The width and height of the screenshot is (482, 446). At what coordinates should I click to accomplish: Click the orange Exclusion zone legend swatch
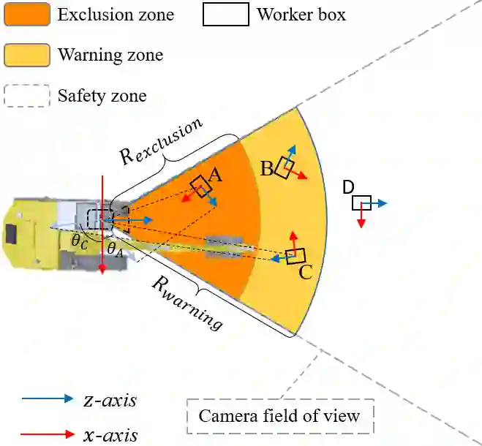click(x=27, y=14)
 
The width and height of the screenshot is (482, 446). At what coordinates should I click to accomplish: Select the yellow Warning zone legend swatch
click(x=27, y=55)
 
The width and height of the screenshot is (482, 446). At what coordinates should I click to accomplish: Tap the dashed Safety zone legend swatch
click(x=27, y=96)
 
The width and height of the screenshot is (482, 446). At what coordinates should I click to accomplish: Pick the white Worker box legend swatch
click(x=225, y=14)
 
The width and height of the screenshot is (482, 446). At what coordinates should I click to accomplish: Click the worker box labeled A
click(x=200, y=186)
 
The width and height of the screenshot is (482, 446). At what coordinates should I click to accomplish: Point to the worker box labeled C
click(x=295, y=256)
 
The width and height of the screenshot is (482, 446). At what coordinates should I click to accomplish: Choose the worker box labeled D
click(x=361, y=203)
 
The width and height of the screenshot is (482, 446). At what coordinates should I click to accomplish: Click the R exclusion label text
click(x=161, y=140)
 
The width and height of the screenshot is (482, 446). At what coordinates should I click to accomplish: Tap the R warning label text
click(x=186, y=303)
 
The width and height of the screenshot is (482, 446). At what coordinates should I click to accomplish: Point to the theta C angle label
click(x=79, y=241)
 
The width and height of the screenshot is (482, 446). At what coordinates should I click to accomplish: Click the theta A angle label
click(x=116, y=249)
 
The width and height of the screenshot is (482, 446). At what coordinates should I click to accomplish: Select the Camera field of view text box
click(x=280, y=416)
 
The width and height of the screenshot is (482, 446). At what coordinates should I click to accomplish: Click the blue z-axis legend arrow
click(x=48, y=399)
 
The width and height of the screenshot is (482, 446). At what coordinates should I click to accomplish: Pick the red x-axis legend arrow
click(x=48, y=434)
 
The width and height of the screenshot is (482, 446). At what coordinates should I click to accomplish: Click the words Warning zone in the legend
click(x=110, y=55)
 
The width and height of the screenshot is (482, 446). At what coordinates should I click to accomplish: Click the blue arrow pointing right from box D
click(x=378, y=203)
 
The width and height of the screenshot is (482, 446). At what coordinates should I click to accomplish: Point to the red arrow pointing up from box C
click(x=294, y=241)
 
